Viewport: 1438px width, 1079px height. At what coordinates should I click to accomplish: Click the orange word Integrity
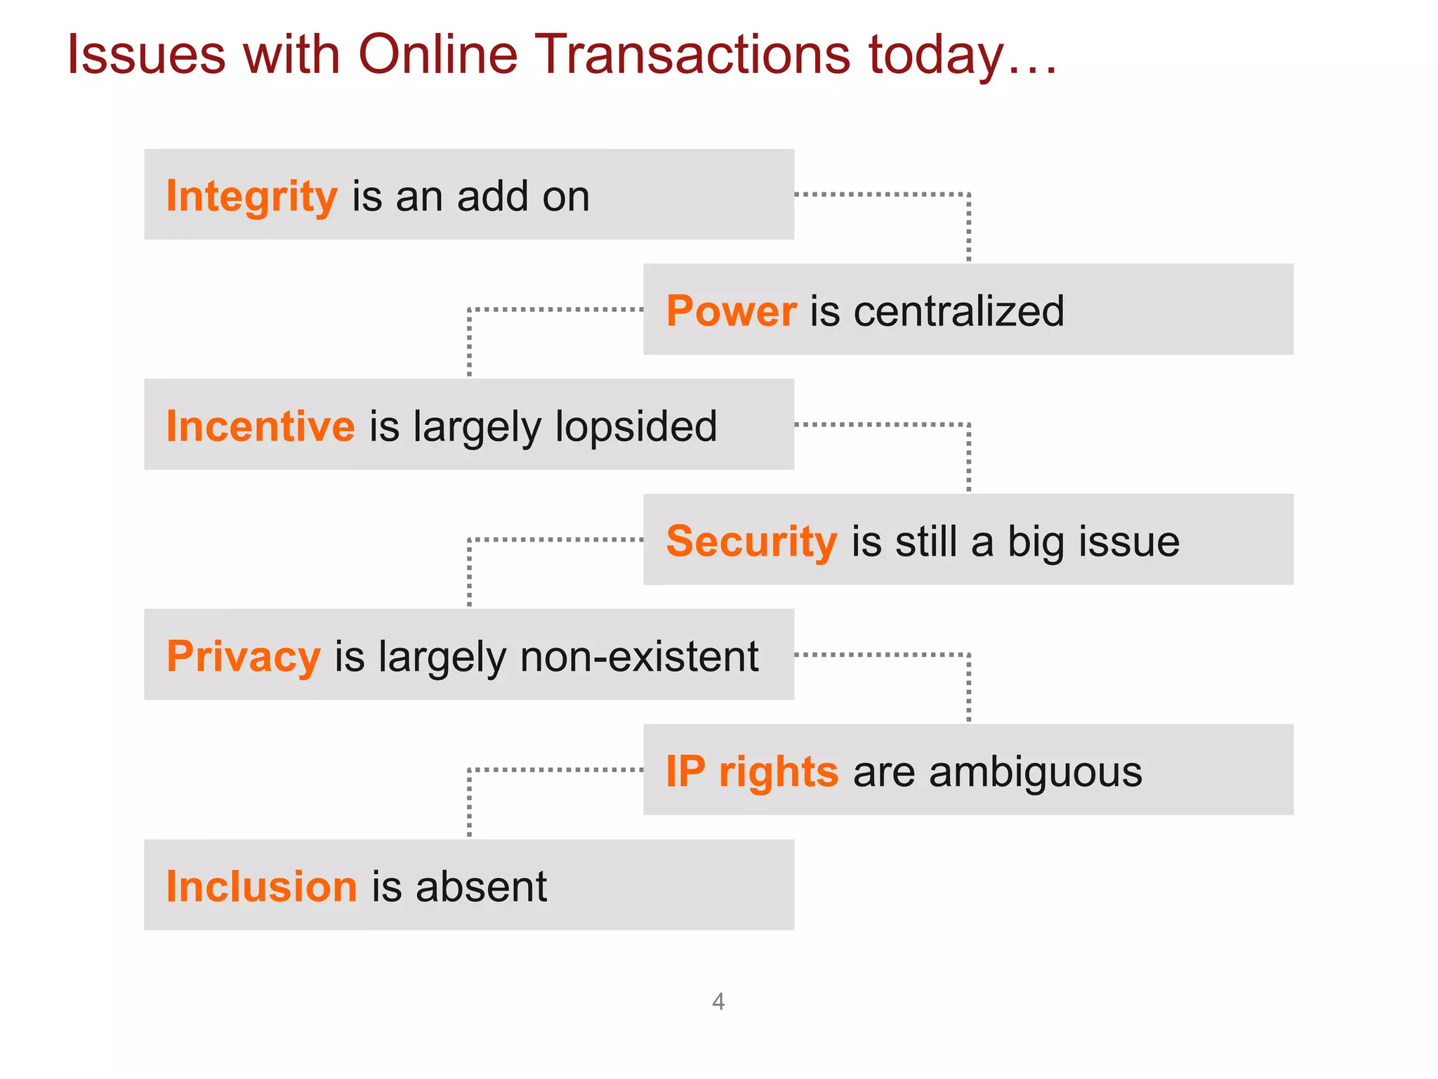point(251,196)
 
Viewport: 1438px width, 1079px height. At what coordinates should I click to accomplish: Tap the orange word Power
point(731,311)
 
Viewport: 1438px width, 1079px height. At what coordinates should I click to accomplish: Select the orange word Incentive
point(260,426)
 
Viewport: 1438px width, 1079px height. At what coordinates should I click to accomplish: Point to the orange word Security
point(751,542)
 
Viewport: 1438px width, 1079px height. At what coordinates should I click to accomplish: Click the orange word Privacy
point(244,657)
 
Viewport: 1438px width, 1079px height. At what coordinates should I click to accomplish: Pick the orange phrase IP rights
point(751,771)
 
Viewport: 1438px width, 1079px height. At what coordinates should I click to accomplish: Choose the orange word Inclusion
point(262,887)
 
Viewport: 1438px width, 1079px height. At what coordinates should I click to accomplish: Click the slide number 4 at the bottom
point(718,1001)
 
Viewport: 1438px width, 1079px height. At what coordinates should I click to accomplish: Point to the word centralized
point(958,311)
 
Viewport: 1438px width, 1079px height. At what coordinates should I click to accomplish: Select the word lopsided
point(636,426)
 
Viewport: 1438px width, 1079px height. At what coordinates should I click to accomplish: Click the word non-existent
point(639,657)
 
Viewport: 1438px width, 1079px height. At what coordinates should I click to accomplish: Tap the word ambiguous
point(1036,771)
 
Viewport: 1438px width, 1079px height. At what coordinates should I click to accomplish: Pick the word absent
point(481,887)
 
